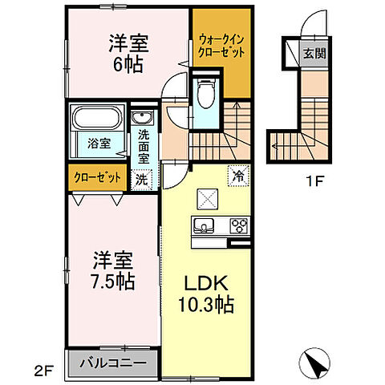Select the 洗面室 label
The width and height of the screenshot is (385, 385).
point(144,148)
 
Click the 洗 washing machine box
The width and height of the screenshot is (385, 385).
point(141,180)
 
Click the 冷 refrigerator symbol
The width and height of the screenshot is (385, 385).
point(237,172)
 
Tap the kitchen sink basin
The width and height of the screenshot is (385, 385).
point(202,225)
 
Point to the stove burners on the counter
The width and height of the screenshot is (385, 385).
point(238,225)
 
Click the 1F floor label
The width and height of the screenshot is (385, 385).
point(314,181)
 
